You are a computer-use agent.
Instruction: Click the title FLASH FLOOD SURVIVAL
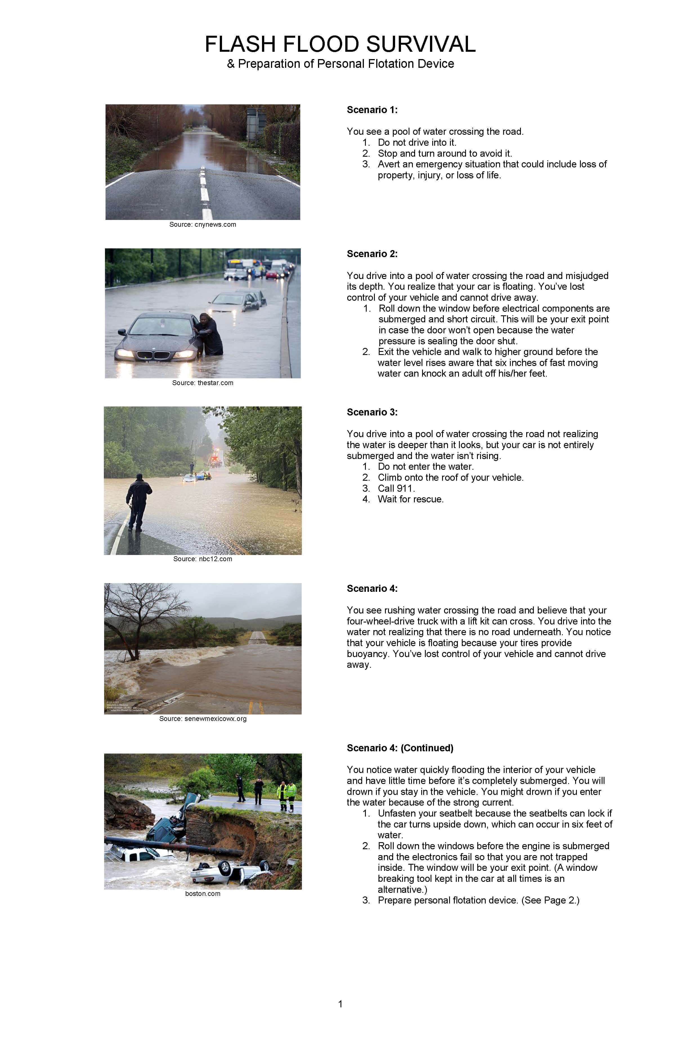coord(340,44)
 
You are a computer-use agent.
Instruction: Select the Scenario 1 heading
coord(372,110)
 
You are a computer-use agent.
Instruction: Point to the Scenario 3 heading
coord(372,412)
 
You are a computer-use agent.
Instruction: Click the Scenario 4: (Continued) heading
coord(400,748)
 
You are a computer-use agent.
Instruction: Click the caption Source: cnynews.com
coord(203,224)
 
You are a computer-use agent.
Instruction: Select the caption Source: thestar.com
coord(203,383)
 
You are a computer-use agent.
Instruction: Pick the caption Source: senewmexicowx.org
coord(203,719)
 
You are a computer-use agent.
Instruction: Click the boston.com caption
coord(203,894)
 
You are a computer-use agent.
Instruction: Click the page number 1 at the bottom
coord(340,1004)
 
